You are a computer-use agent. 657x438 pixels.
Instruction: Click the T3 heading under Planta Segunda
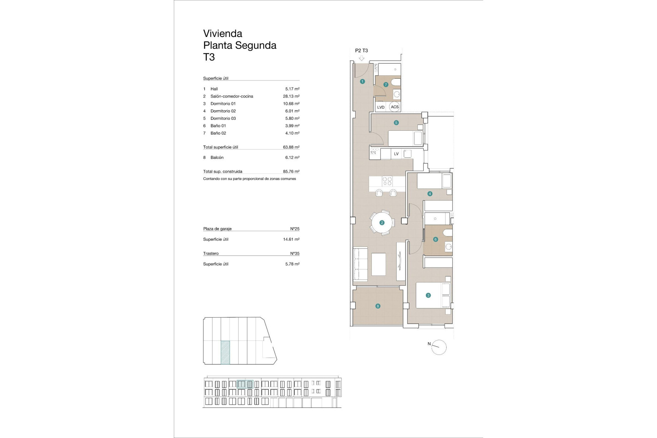pos(209,57)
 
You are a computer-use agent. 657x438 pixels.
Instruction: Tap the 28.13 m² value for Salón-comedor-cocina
pos(291,96)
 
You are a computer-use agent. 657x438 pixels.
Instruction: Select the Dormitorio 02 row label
pos(223,111)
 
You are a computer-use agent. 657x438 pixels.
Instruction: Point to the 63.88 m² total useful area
pos(291,147)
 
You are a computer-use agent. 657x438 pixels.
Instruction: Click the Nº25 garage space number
pos(295,229)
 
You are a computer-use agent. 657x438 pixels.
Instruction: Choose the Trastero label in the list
pos(211,254)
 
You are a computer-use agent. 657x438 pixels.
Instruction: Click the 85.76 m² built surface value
pos(291,171)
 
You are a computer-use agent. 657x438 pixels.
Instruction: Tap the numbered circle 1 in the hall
pos(362,81)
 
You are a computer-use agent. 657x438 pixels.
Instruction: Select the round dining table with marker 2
pos(382,223)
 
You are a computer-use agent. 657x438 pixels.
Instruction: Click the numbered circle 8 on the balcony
pos(378,306)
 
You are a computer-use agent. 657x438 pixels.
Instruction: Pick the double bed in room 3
pos(433,295)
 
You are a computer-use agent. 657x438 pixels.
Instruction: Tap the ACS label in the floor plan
pos(395,107)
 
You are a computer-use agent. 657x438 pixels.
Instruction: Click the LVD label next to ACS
pos(381,107)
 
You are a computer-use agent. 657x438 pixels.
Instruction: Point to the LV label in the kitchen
pos(396,154)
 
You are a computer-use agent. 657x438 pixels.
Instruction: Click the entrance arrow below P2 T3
pos(361,58)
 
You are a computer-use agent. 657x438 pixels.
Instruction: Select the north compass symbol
pos(439,347)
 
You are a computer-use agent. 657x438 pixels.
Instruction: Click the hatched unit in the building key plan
pos(225,352)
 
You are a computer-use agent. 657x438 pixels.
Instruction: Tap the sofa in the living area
pos(360,265)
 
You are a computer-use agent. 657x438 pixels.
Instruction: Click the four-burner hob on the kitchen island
pos(387,181)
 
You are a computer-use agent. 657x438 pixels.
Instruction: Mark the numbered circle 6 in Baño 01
pos(435,239)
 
